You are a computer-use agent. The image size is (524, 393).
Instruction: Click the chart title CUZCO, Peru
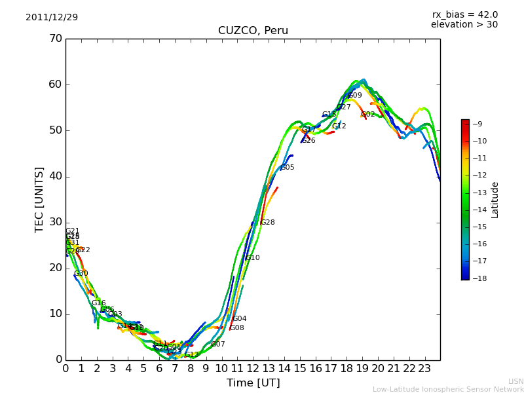pos(253,31)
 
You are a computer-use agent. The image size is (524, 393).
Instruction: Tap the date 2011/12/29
pos(52,18)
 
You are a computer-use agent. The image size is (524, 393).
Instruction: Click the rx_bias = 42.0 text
pos(464,15)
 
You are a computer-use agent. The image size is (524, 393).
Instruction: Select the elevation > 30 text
pos(464,25)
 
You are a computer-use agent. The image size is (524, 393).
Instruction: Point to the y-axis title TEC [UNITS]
pos(39,199)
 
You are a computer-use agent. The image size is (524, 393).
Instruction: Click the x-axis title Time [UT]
pos(253,383)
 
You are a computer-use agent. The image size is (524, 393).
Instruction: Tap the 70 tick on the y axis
pos(55,39)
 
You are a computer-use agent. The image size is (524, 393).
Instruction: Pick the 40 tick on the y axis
pos(55,176)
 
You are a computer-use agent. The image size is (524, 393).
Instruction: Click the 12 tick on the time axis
pos(253,368)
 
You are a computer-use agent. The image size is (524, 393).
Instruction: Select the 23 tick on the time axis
pos(424,368)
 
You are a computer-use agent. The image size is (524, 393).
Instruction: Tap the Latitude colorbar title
pos(495,200)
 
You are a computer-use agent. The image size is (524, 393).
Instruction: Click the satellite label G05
pos(287,168)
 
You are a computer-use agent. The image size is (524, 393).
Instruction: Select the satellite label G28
pos(267,223)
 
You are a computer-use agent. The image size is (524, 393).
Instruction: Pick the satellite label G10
pos(252,258)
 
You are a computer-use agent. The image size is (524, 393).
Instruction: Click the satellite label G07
pos(217,345)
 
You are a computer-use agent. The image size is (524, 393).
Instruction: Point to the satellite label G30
pos(81,274)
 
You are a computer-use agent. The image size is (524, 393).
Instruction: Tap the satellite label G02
pos(367,115)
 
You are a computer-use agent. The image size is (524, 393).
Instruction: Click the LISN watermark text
pos(515,381)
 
